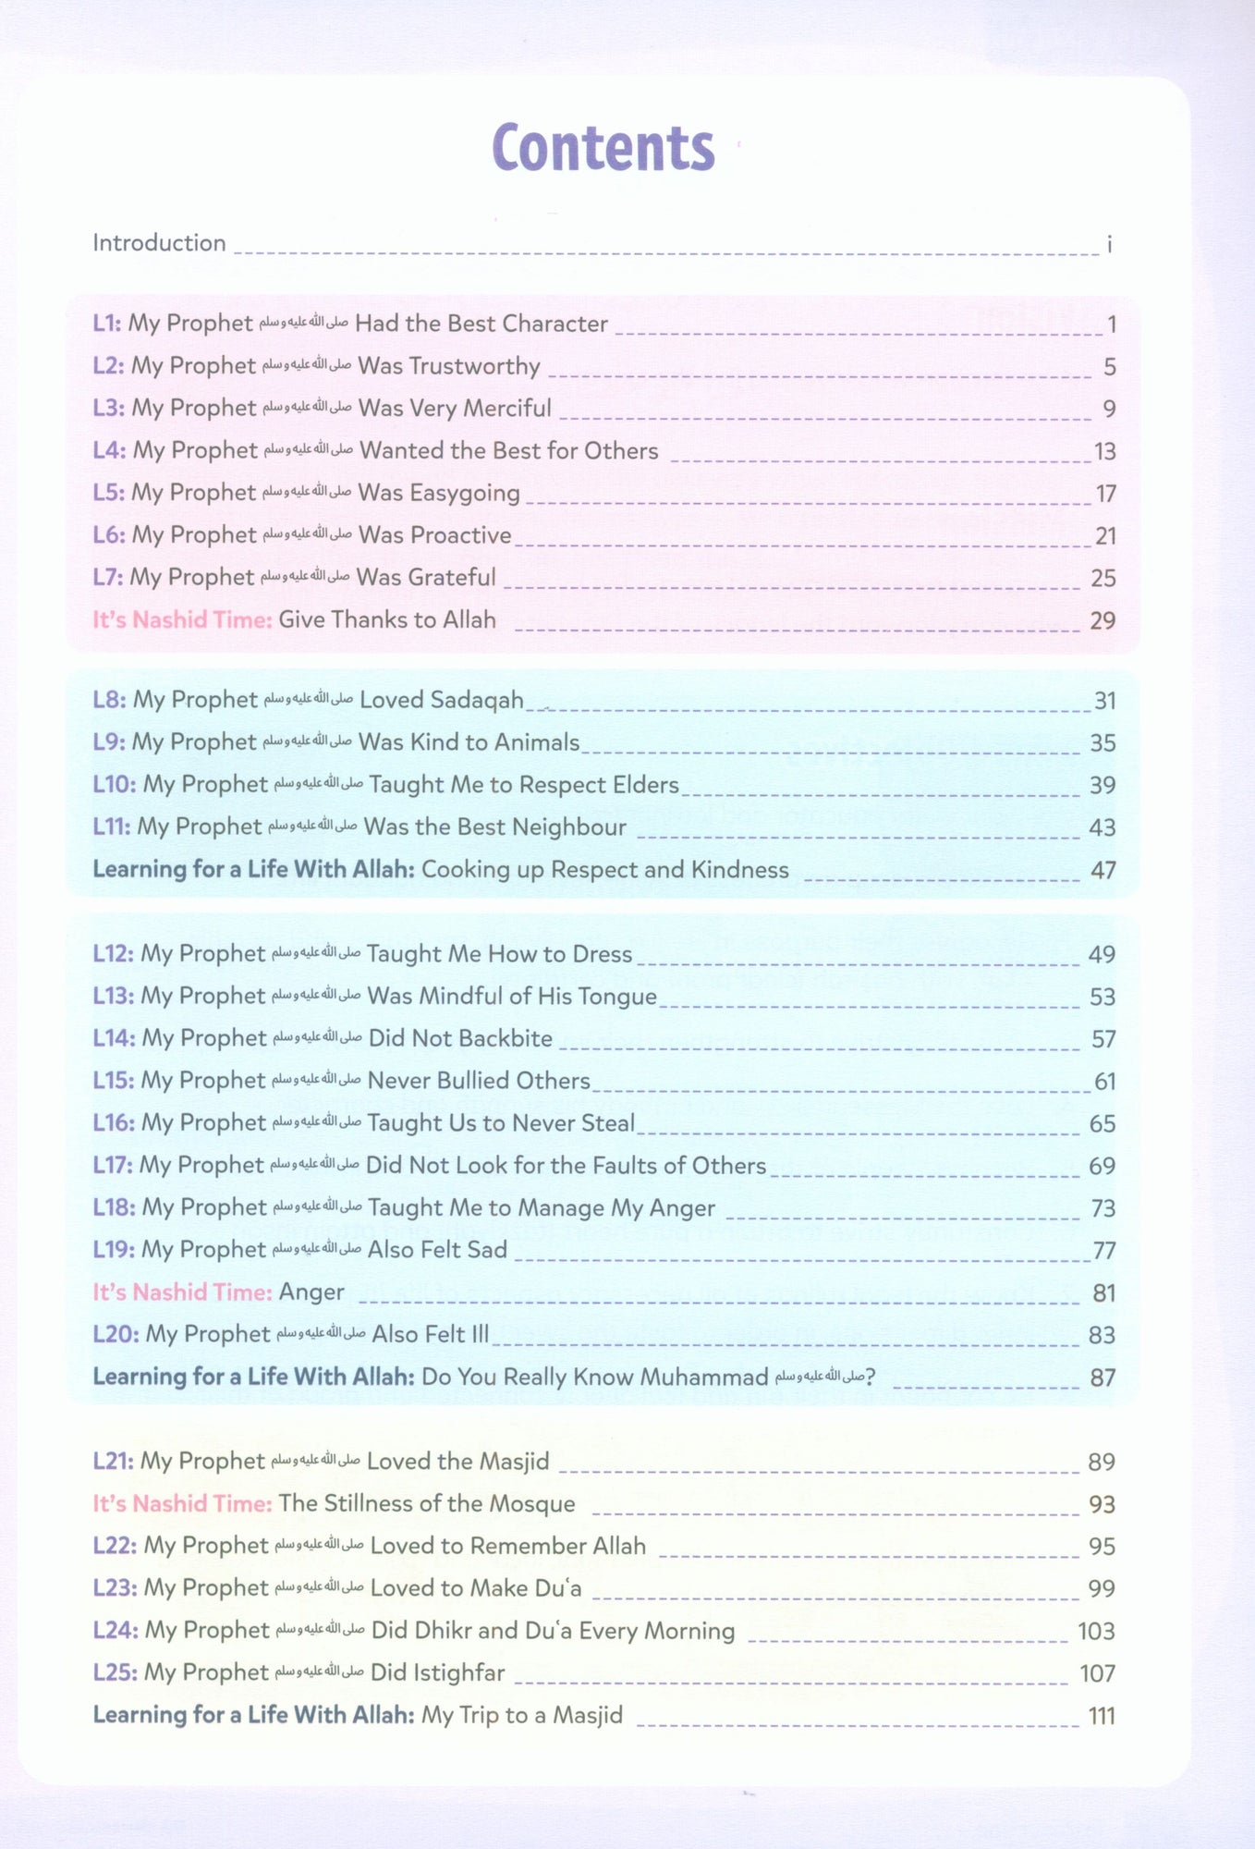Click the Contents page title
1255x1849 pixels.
[x=603, y=148]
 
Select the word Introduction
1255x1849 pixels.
[x=159, y=243]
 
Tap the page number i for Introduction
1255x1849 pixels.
[x=1109, y=244]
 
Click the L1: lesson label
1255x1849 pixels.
[x=107, y=324]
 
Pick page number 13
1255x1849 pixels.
[x=1104, y=451]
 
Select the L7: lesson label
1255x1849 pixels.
[x=107, y=578]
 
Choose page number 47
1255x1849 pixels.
[x=1103, y=870]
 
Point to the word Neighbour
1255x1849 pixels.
[x=567, y=827]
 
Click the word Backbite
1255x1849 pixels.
[x=506, y=1038]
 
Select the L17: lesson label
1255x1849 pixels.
[x=113, y=1166]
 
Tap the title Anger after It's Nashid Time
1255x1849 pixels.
[x=311, y=1292]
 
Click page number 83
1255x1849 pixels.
[x=1102, y=1335]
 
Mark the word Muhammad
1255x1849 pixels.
[x=703, y=1378]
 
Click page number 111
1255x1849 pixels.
[x=1101, y=1716]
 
